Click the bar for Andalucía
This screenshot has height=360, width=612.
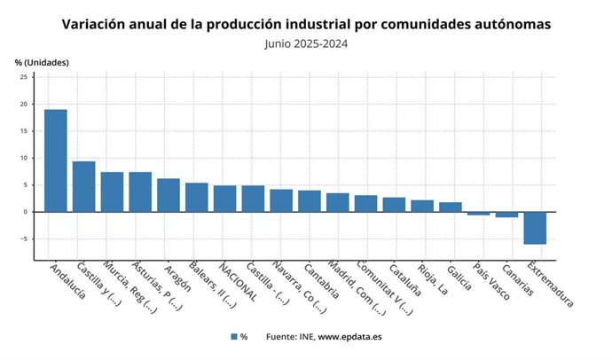coord(56,160)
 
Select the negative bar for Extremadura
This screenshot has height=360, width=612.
coord(536,228)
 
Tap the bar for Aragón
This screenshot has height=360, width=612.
coord(169,195)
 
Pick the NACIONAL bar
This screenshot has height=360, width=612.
coord(225,199)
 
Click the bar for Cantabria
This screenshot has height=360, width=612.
coord(310,201)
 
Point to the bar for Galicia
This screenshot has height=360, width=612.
coord(451,207)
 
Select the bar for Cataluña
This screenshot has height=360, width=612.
coord(394,205)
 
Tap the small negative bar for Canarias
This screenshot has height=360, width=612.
coord(507,215)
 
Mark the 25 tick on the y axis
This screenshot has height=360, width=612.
coord(24,77)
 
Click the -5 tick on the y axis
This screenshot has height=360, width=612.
coord(24,239)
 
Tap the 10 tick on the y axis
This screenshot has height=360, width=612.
coord(24,158)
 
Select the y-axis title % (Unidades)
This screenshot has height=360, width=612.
coord(42,62)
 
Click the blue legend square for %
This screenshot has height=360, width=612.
coord(234,337)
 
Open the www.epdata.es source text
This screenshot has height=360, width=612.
coord(350,337)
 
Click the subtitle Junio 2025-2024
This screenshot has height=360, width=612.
coord(306,42)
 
